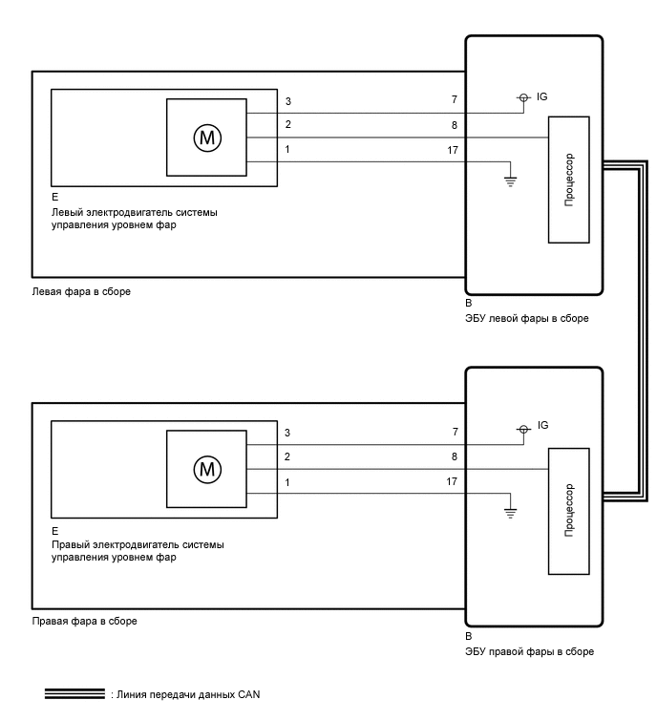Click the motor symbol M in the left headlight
click(207, 138)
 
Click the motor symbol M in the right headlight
click(207, 469)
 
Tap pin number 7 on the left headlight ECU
click(455, 99)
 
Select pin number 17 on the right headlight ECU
click(452, 482)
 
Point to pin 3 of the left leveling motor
click(286, 100)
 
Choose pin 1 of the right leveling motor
click(286, 482)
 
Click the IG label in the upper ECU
click(542, 97)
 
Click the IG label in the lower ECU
click(542, 425)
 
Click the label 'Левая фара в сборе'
click(81, 292)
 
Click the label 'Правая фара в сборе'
click(84, 621)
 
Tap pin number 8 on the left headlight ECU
click(455, 124)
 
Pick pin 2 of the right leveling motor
click(286, 456)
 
